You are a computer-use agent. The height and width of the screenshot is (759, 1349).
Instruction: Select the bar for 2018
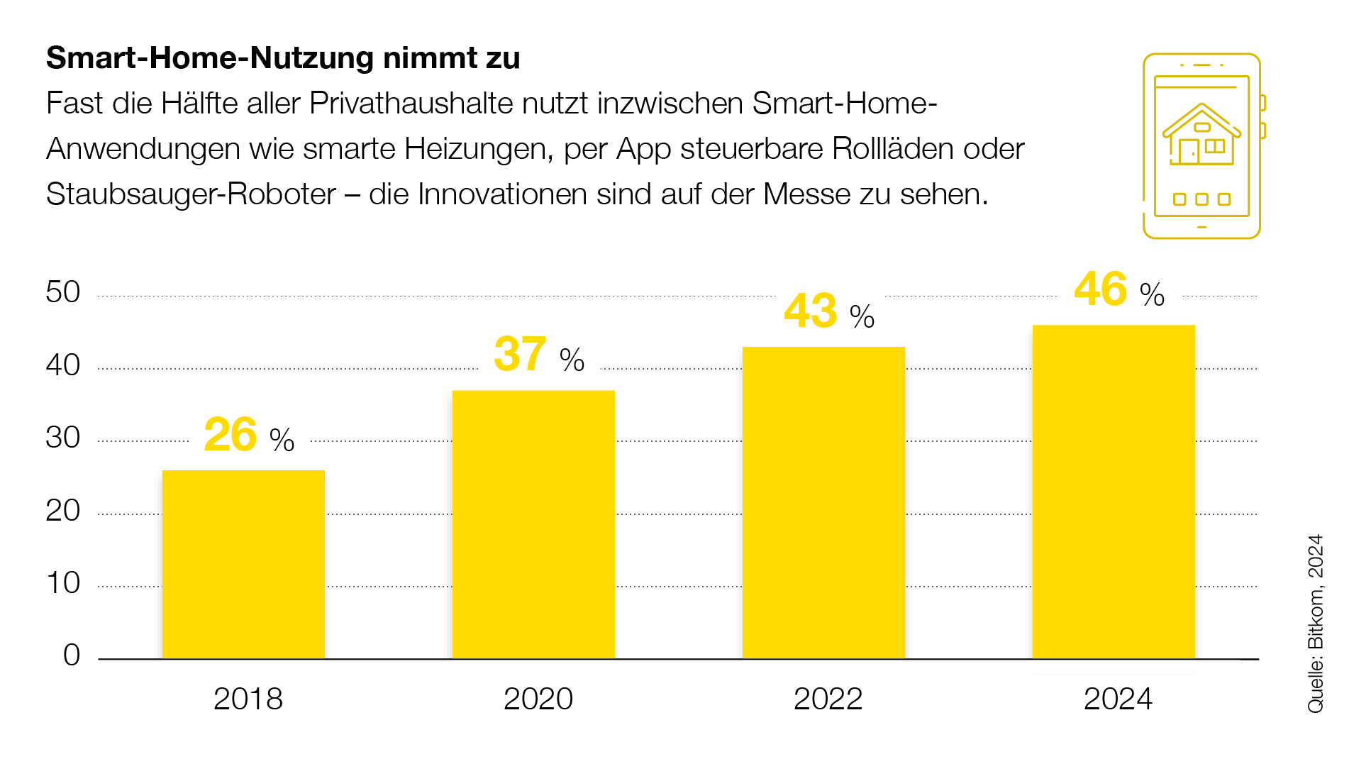coord(243,564)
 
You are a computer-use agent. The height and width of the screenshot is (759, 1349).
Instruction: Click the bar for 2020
coord(533,524)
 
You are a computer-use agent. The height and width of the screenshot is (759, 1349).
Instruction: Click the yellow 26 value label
coord(231,435)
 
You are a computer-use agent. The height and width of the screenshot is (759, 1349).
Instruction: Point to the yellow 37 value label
coord(520,355)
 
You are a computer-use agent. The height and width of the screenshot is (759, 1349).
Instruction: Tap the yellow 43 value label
coord(810,311)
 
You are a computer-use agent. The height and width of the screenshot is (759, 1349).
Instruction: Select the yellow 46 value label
coord(1100,289)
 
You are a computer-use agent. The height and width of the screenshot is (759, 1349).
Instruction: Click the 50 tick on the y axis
coord(63,292)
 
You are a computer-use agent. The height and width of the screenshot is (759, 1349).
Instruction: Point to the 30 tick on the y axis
coord(63,438)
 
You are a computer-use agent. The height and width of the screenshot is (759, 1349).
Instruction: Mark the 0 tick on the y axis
coord(72,655)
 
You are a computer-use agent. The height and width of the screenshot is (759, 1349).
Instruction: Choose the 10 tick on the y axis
coord(63,583)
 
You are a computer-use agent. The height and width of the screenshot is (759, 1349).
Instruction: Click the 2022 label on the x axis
coord(828,699)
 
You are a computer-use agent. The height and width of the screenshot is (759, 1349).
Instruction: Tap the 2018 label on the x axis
coord(248,699)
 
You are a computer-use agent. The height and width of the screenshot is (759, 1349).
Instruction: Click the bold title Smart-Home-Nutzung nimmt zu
coord(283,58)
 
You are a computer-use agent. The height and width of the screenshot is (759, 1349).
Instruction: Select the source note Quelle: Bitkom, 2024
coord(1316,623)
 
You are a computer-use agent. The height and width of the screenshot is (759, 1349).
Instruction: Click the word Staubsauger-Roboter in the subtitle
coord(191,194)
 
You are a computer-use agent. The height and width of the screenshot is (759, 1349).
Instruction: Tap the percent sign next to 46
coord(1152,294)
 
